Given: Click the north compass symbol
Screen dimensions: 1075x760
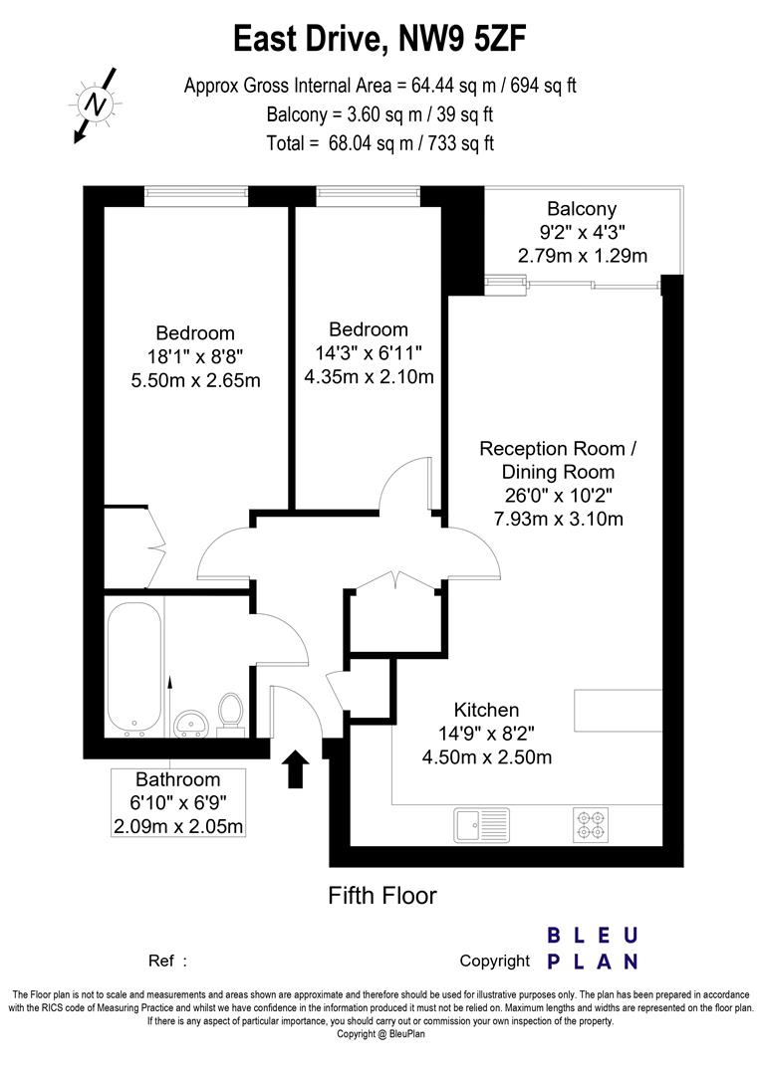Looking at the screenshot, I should (95, 104).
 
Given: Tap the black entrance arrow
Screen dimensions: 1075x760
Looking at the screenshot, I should (295, 769).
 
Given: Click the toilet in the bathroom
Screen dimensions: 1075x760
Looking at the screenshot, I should (231, 713).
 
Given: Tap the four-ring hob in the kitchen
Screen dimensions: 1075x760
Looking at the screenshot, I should (588, 825).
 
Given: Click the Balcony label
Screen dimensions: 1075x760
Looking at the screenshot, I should (582, 209).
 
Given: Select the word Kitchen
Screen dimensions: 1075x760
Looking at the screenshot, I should (486, 710).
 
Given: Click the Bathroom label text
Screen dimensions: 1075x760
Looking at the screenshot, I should (178, 779).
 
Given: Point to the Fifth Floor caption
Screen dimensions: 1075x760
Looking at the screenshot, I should (382, 896).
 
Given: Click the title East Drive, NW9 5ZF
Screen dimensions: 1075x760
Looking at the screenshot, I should (380, 39).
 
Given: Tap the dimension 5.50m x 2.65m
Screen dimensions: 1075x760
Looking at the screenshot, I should (195, 380).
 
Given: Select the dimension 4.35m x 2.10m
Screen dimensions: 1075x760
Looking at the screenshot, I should (369, 376).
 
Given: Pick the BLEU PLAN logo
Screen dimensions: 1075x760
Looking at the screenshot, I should (594, 948).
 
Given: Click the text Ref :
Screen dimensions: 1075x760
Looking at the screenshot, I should (167, 962).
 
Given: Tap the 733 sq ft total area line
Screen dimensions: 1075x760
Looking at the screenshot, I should (380, 142).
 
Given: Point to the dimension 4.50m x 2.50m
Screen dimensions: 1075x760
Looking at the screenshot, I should (486, 757).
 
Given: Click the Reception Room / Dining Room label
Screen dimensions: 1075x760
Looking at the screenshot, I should (557, 460).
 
